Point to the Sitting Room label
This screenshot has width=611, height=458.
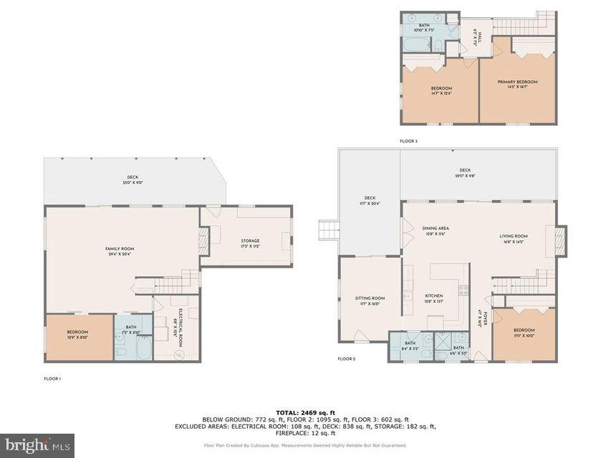click(x=370, y=301)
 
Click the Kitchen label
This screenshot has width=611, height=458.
click(x=434, y=298)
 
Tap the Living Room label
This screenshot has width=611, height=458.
click(x=514, y=238)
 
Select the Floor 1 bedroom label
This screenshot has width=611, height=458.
click(x=77, y=334)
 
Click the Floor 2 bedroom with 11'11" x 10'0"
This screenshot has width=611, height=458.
click(x=524, y=332)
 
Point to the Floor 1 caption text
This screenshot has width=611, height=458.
click(x=52, y=378)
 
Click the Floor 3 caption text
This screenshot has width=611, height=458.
click(x=408, y=141)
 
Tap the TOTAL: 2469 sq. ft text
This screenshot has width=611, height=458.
click(x=306, y=413)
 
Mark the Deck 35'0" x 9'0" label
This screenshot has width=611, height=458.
click(x=133, y=180)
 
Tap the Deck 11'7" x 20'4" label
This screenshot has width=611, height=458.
click(x=370, y=200)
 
